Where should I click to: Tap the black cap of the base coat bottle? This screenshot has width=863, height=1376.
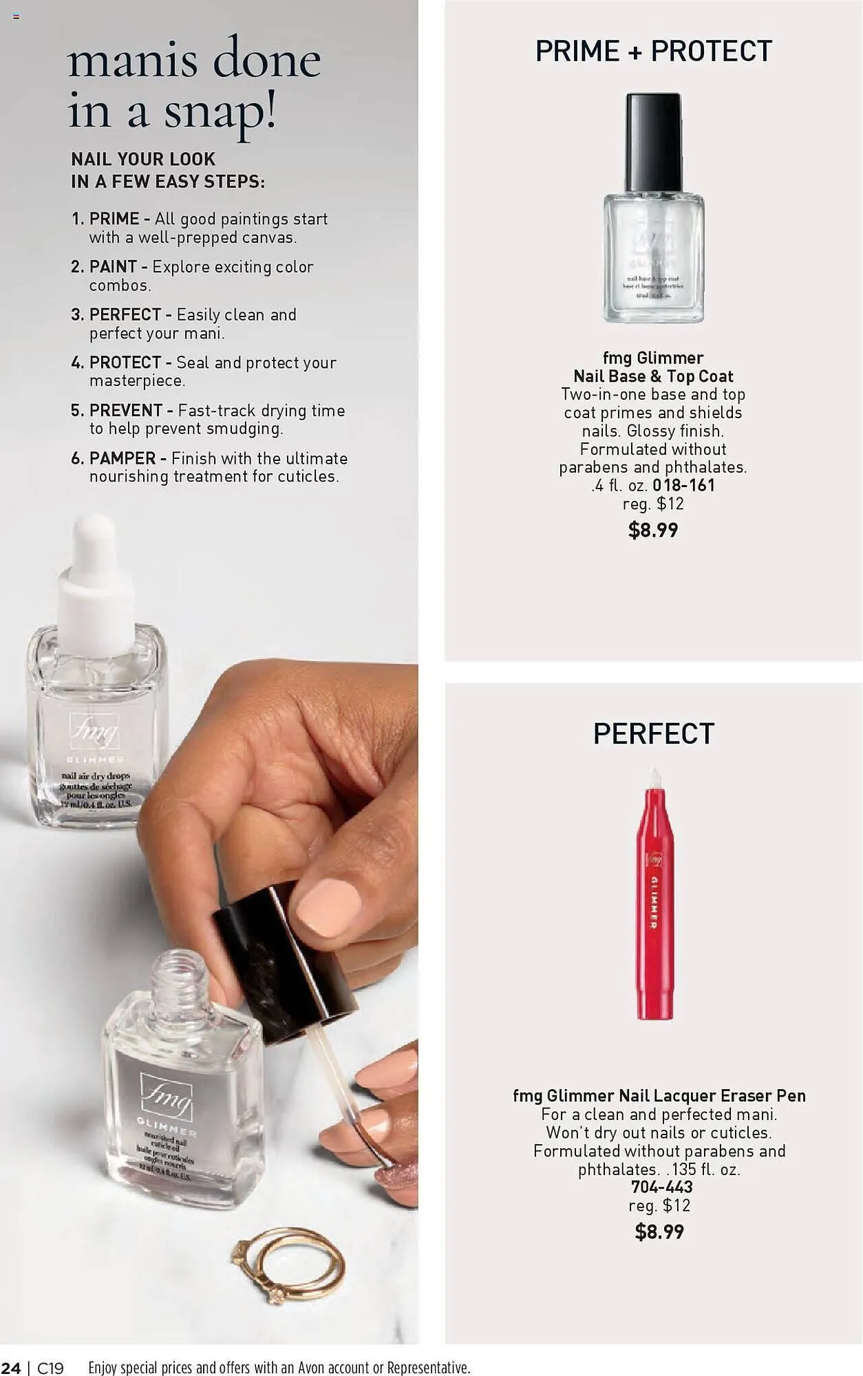pos(653,142)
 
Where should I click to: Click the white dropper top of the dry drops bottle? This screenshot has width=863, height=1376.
pos(95,585)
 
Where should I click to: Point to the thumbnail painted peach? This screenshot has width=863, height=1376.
pos(328,907)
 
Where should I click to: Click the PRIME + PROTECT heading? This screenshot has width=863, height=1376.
pos(653,52)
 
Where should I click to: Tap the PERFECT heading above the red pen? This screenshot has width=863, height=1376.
pos(653,734)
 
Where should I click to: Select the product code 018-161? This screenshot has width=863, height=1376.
pos(683,486)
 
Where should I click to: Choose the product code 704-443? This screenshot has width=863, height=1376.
pos(661,1187)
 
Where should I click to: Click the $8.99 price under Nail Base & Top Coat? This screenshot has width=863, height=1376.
pos(653,530)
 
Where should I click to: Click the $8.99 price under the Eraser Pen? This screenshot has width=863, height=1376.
pos(659,1232)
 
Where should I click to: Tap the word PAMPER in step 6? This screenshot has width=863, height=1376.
pos(122,459)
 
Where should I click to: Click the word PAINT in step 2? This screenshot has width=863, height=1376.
pos(113,267)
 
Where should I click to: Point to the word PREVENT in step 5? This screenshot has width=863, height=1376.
pos(126,411)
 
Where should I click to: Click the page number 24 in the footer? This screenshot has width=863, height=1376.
pos(11,1368)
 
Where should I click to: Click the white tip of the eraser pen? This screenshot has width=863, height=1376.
pos(655,778)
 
